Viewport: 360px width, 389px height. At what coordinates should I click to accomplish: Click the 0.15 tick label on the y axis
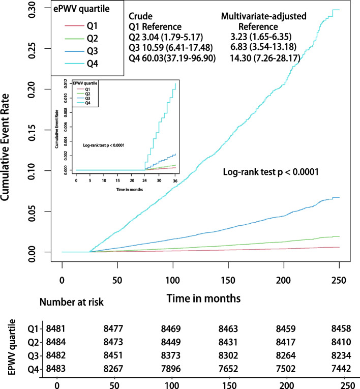point(36,129)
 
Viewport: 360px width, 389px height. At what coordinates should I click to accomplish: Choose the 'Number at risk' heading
point(71,302)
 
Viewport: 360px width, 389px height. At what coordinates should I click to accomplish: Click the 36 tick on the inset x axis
point(175,181)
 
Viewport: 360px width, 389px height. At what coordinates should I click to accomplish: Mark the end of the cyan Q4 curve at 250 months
point(339,10)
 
